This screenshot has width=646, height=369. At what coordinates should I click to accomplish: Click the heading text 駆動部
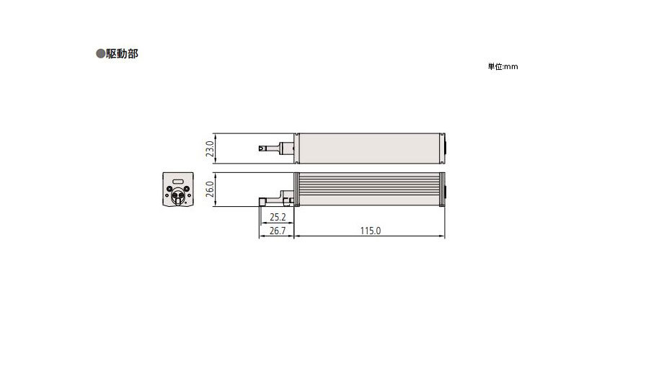[x=123, y=54]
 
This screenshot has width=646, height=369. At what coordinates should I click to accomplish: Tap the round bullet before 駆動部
[x=101, y=54]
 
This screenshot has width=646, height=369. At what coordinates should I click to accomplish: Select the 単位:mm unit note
[x=503, y=67]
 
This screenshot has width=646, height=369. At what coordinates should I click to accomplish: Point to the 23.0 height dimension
[x=209, y=148]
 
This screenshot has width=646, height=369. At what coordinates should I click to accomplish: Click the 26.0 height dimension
[x=209, y=190]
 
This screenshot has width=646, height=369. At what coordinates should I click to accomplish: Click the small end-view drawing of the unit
[x=177, y=190]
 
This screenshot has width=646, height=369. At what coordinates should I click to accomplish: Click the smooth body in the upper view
[x=370, y=148]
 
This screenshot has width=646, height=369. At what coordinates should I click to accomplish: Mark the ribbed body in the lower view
[x=370, y=190]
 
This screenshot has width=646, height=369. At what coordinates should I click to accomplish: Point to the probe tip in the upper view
[x=262, y=148]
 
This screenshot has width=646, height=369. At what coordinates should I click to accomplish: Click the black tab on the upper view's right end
[x=443, y=148]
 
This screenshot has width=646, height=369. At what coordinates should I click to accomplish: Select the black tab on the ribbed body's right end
[x=443, y=190]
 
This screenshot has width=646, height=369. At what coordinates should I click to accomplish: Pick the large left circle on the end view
[x=169, y=191]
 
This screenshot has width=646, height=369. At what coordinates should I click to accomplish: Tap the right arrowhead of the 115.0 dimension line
[x=443, y=236]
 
